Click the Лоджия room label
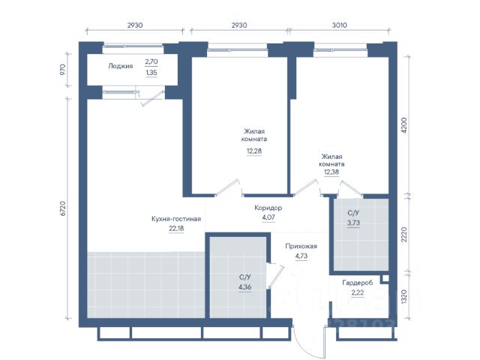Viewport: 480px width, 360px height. (120, 66)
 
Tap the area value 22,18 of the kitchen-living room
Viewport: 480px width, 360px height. (177, 228)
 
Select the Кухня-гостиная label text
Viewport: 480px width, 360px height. (176, 219)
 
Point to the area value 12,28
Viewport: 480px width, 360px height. (254, 151)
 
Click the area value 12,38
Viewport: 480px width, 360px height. (331, 172)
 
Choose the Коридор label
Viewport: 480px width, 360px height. (268, 208)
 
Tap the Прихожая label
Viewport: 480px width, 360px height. (301, 246)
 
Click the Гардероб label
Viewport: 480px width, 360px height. (358, 283)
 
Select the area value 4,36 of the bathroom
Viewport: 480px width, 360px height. (245, 287)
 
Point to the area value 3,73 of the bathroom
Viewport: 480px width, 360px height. (353, 223)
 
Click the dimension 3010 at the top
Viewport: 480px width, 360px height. (340, 25)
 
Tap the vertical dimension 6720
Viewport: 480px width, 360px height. (63, 208)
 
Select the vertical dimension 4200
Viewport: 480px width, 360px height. (404, 125)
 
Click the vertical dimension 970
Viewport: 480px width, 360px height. (63, 70)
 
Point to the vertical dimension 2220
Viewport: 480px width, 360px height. (404, 235)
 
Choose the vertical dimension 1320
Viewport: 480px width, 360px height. (404, 296)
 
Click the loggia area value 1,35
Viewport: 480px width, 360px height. (151, 73)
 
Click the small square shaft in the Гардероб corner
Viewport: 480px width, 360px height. (385, 278)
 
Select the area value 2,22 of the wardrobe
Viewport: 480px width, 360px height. (358, 292)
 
